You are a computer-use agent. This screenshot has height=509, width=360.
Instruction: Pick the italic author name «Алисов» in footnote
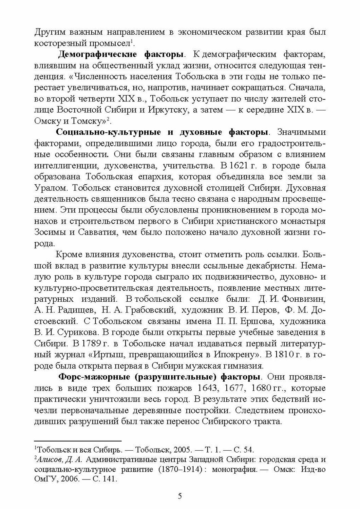point(50,460)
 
